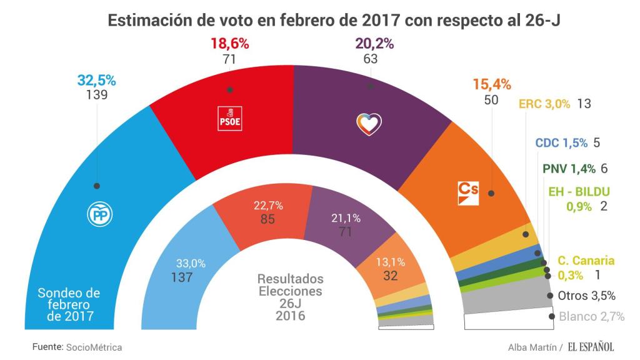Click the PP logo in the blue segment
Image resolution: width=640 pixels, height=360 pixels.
pyautogui.click(x=99, y=214)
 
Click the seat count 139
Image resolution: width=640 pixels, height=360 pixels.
pyautogui.click(x=97, y=95)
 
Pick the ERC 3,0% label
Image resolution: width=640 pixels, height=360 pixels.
pyautogui.click(x=544, y=104)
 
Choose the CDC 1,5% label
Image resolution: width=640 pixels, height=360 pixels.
pyautogui.click(x=561, y=142)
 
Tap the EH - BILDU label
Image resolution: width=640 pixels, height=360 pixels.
pyautogui.click(x=579, y=192)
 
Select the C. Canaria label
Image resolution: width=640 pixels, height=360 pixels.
pyautogui.click(x=586, y=261)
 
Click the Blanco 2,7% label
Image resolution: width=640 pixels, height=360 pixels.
pyautogui.click(x=591, y=316)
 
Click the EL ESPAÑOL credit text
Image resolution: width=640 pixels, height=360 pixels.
pyautogui.click(x=591, y=346)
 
